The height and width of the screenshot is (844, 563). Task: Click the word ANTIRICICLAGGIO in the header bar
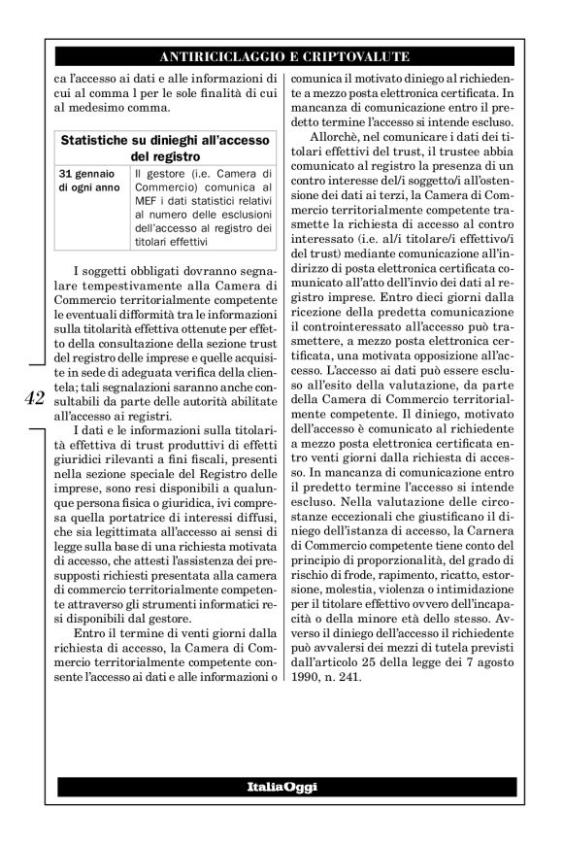[215, 55]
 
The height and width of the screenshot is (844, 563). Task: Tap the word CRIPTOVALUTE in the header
[358, 55]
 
